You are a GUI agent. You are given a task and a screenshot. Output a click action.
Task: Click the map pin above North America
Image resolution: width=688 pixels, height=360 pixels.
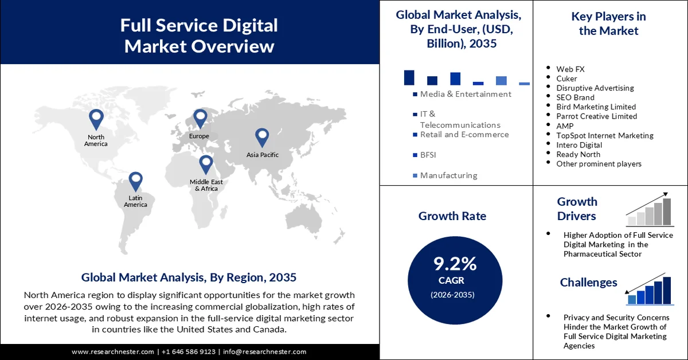pos(96,119)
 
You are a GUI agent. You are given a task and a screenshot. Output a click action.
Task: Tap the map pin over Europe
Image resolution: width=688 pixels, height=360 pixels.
pos(200,119)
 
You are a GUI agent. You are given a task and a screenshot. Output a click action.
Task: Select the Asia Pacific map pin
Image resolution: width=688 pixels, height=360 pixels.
pos(262,137)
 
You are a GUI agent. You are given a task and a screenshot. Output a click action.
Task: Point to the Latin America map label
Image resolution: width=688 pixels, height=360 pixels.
pos(135,201)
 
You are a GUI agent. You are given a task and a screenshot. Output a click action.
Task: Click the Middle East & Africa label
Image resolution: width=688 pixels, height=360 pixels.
pos(206,185)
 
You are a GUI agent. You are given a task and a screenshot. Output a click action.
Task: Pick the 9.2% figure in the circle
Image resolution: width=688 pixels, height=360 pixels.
pos(455,264)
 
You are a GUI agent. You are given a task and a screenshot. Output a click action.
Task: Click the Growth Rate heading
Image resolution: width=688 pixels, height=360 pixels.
pos(452,216)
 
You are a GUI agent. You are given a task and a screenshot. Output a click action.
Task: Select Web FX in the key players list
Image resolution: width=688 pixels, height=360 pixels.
pos(570,69)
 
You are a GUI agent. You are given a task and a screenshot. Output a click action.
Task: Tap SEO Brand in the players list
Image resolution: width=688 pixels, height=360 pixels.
pos(575,97)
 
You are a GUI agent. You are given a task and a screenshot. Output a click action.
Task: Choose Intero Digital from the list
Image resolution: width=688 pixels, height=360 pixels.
pos(579,145)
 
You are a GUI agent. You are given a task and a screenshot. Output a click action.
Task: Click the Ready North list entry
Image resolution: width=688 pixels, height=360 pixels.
pos(578,154)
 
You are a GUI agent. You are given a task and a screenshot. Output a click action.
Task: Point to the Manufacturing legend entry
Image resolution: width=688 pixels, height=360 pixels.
pos(448,175)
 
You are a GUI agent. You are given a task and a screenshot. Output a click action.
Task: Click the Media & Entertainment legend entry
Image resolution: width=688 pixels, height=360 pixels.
pos(465,94)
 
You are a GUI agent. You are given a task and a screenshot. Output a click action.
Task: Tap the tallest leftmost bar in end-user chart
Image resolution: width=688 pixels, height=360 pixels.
pos(409,77)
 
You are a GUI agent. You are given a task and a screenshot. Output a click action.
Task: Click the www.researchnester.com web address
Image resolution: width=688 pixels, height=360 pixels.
pos(113,351)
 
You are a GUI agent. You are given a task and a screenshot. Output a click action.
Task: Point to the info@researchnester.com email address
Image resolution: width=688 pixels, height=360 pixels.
pos(264,351)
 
